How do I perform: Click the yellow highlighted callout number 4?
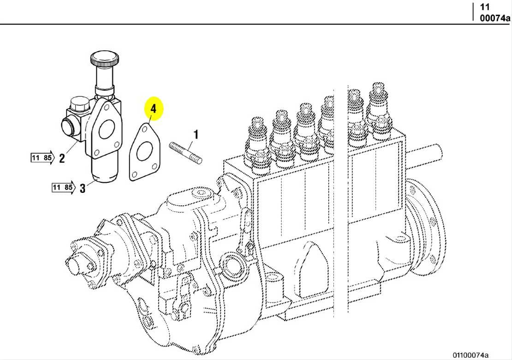(154, 109)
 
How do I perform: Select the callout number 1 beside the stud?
(196, 135)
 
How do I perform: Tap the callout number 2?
(62, 159)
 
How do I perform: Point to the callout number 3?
(83, 188)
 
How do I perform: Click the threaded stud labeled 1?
(185, 154)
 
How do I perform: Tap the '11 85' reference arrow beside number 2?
(42, 158)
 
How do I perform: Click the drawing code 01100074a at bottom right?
(470, 354)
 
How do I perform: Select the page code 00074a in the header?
(495, 18)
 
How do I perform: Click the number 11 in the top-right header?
(485, 7)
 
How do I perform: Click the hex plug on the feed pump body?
(77, 107)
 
